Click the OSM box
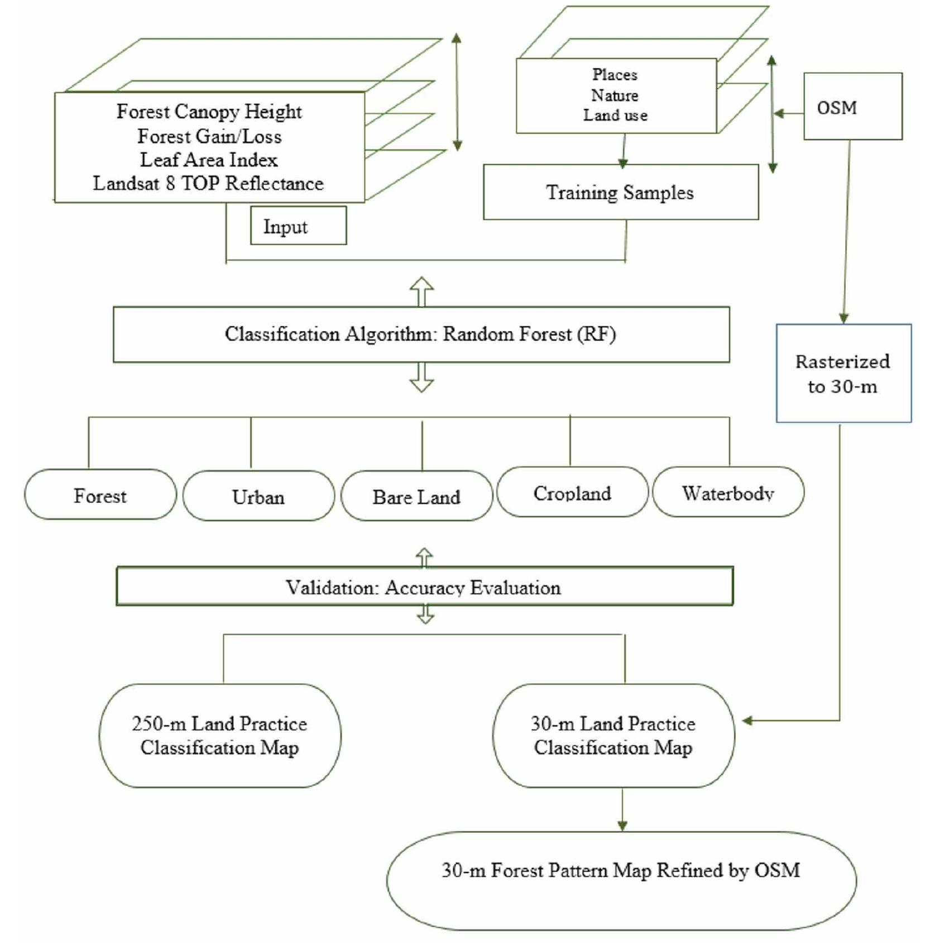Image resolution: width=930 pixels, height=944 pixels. (852, 106)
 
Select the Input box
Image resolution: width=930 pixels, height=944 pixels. (298, 226)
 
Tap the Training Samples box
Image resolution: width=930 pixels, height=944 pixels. (620, 192)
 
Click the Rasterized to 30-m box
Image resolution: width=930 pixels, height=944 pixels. (843, 373)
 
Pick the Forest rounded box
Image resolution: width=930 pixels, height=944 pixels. (100, 495)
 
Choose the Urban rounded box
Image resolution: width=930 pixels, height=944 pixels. (258, 496)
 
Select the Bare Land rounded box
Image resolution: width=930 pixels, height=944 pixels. (416, 496)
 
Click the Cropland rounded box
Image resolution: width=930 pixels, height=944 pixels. (572, 493)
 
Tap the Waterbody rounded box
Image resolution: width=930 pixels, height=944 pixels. (728, 493)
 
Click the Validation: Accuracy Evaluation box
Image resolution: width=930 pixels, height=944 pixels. (424, 587)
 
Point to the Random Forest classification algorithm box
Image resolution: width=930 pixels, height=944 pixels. (421, 334)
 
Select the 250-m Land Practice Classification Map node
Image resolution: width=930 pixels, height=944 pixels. (220, 735)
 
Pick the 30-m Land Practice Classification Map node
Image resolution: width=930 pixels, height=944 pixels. (613, 735)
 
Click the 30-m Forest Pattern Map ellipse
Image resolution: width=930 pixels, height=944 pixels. (621, 881)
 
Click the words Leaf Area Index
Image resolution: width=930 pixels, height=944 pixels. (209, 160)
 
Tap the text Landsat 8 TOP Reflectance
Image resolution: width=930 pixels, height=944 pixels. (208, 183)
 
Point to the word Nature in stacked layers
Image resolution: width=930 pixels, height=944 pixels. (615, 95)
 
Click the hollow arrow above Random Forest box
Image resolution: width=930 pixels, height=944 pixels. (421, 292)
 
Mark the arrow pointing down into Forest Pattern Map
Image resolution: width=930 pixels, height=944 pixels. (622, 810)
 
